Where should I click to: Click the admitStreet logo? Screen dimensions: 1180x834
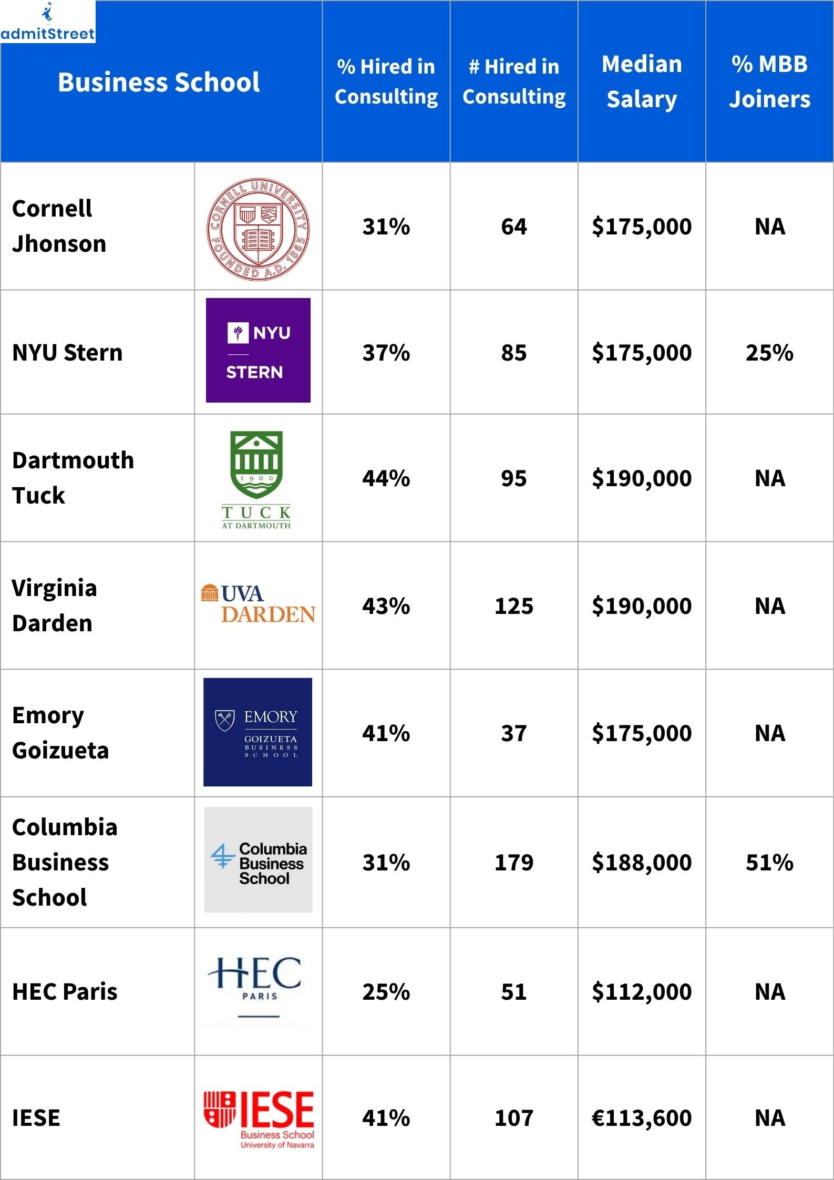click(47, 22)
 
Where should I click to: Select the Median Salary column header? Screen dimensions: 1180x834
click(641, 81)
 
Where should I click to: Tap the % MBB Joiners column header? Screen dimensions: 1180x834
click(769, 81)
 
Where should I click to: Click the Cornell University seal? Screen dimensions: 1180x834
click(258, 229)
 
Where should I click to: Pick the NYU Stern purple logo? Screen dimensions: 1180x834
click(258, 350)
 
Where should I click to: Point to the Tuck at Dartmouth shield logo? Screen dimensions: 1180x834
click(256, 479)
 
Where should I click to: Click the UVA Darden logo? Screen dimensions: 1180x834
click(258, 604)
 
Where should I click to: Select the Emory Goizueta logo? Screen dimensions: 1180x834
click(258, 732)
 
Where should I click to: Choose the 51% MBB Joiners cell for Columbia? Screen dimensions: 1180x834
click(769, 863)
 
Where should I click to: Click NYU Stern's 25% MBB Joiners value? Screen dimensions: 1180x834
click(769, 353)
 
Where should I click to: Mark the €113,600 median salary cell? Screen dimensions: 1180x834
click(641, 1118)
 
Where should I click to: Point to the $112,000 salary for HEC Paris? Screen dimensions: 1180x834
click(641, 992)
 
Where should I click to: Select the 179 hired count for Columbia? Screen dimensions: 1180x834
click(513, 863)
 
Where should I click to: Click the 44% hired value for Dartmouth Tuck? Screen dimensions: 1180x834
click(386, 478)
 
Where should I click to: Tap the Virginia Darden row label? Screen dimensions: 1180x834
click(54, 605)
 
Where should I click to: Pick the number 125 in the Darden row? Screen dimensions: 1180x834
click(513, 606)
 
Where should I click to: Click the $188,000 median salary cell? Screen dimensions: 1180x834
click(641, 863)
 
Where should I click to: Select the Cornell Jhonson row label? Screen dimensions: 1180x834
click(59, 226)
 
